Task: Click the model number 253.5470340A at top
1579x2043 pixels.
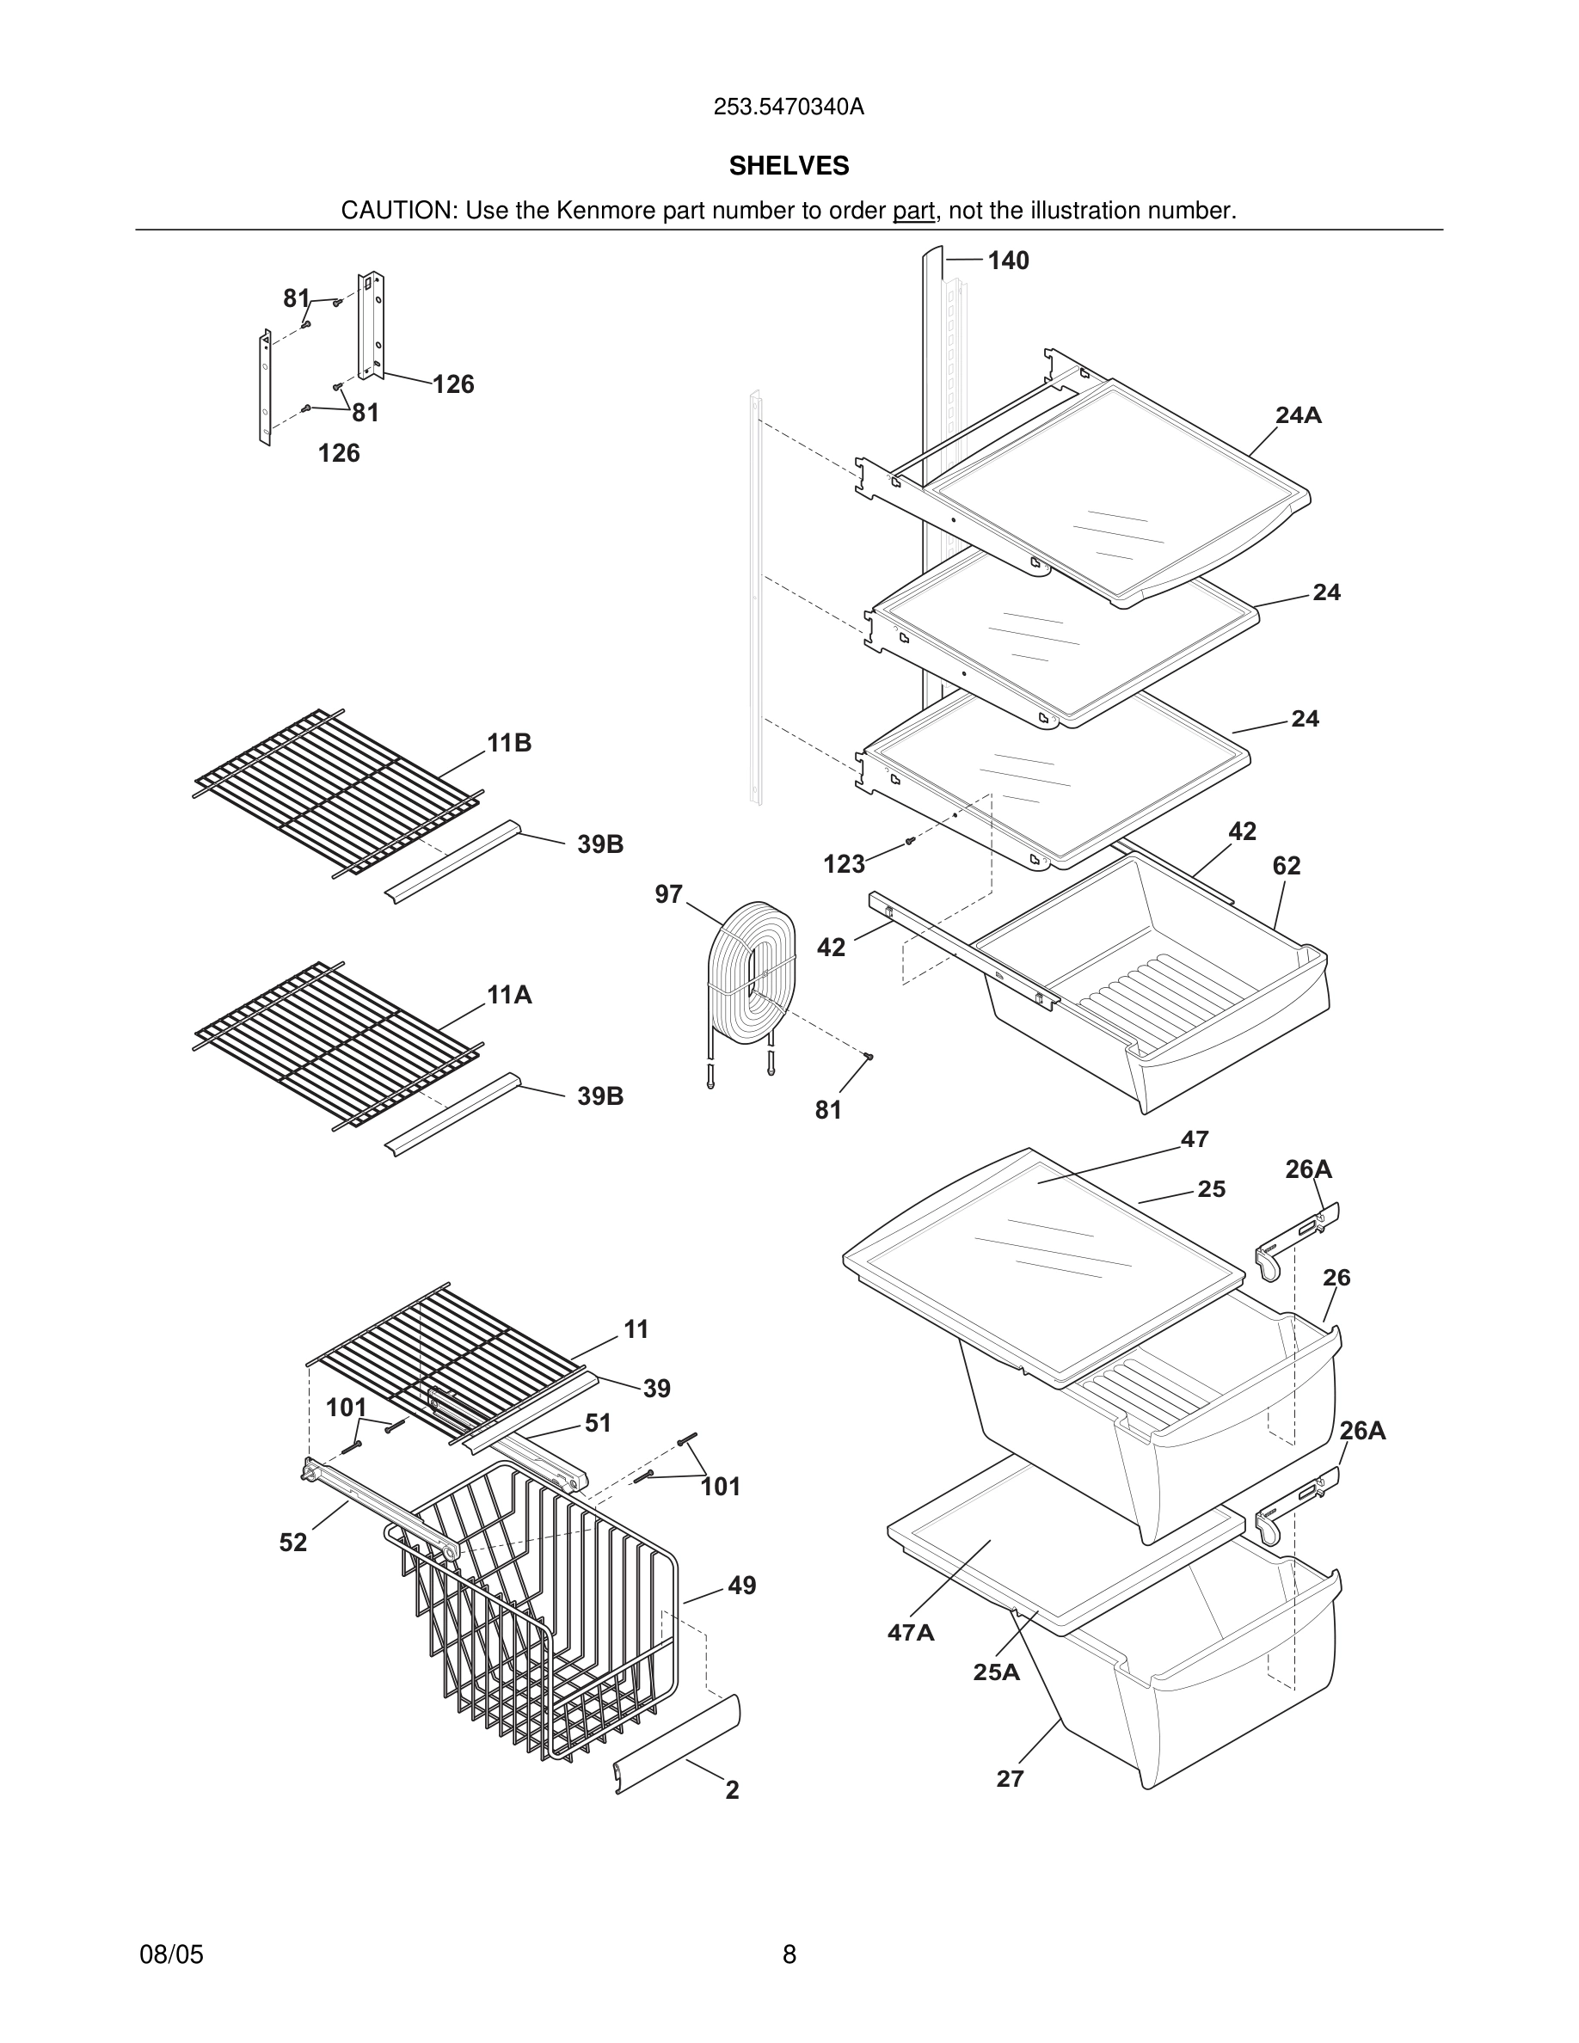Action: click(789, 107)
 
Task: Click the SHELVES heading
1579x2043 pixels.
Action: click(789, 166)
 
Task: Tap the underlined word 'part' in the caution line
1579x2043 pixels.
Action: click(913, 212)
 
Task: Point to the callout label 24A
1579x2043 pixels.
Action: click(1299, 415)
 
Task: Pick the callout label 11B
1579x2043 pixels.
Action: click(509, 743)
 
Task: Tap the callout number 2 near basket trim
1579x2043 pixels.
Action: click(733, 1789)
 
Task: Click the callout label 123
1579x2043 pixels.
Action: click(844, 864)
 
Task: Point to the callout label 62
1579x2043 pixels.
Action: click(1287, 866)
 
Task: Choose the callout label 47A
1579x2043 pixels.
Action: click(911, 1632)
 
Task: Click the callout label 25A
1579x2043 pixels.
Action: click(996, 1672)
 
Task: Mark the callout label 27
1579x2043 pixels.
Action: click(1011, 1778)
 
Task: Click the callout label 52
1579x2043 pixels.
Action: click(292, 1543)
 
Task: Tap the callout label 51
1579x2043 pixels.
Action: click(598, 1423)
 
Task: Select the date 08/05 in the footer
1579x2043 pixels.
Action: click(171, 1954)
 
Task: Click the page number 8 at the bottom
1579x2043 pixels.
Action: click(789, 1954)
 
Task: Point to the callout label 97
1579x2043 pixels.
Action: click(668, 894)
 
